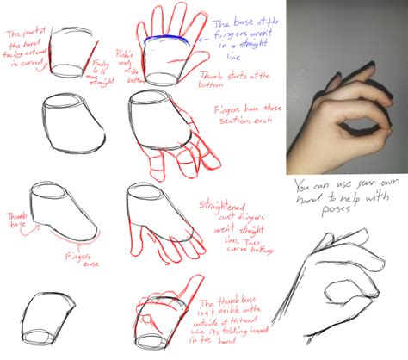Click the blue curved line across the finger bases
click(x=164, y=39)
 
